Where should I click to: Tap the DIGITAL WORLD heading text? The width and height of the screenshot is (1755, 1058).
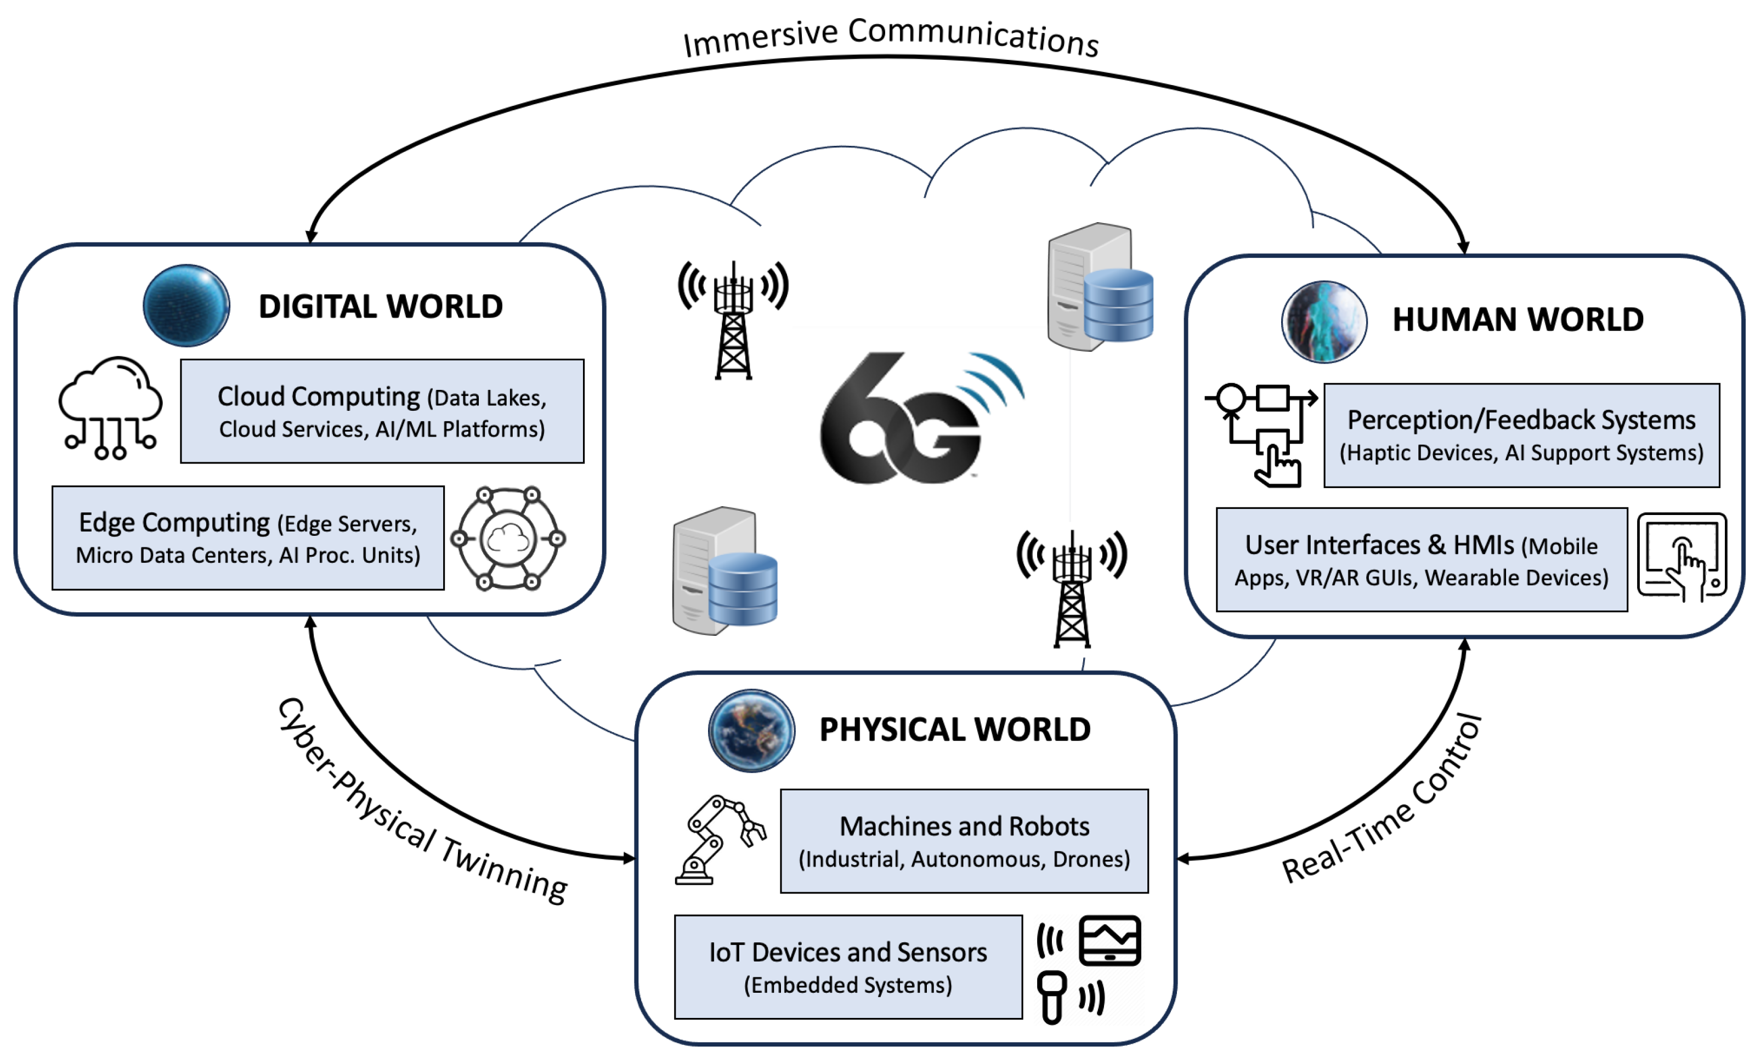[x=381, y=307]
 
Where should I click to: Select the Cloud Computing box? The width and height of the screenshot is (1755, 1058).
[x=382, y=411]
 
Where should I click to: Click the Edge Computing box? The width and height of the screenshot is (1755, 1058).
[x=248, y=538]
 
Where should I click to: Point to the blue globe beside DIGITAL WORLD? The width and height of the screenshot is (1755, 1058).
[x=186, y=305]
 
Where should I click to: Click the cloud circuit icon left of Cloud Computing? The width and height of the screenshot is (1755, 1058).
[x=110, y=408]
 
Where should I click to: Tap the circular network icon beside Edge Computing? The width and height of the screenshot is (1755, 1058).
[x=508, y=539]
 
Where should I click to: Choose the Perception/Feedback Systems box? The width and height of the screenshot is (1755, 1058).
[x=1521, y=435]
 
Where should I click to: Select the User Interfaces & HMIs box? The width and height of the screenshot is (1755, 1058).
[x=1421, y=559]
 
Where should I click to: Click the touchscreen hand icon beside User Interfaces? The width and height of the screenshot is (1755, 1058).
[x=1682, y=557]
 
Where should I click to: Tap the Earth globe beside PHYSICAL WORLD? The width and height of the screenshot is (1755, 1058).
[x=751, y=730]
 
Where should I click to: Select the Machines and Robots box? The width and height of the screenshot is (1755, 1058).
[x=964, y=841]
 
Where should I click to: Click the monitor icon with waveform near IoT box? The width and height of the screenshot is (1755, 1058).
[x=1109, y=941]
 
